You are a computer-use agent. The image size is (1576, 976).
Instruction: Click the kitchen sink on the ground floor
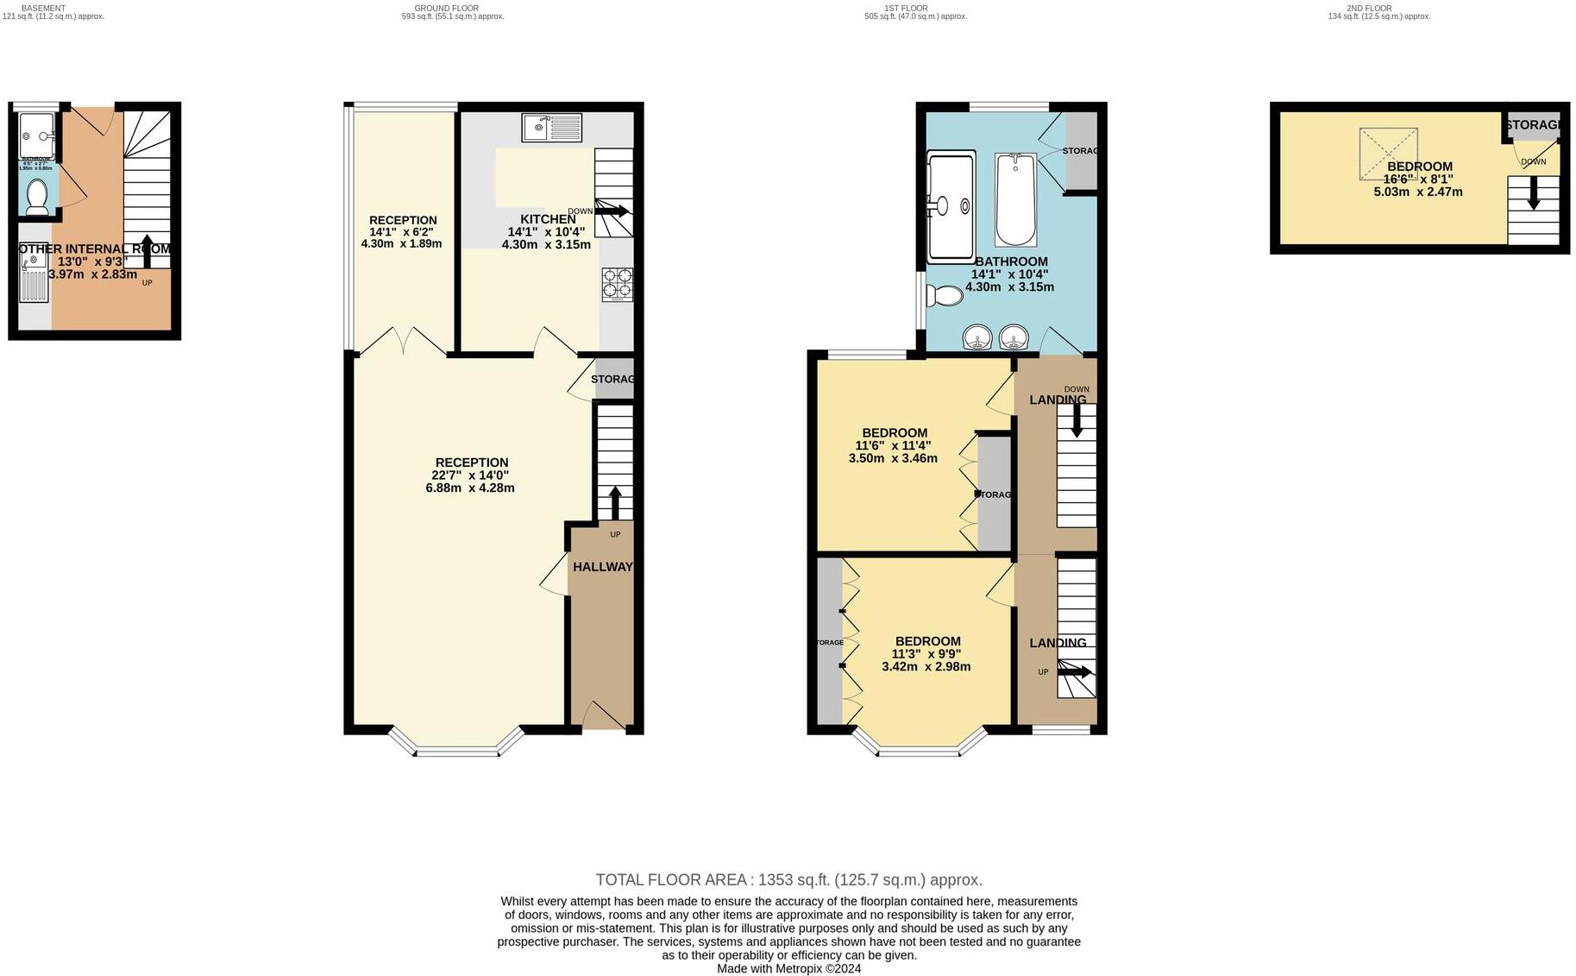click(x=552, y=128)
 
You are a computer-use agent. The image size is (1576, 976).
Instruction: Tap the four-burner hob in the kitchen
click(x=617, y=284)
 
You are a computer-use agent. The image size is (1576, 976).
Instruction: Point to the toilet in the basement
click(x=36, y=198)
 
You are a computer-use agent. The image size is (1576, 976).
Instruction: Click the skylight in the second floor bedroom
click(x=1388, y=154)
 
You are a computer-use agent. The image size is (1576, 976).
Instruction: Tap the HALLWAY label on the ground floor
click(x=602, y=567)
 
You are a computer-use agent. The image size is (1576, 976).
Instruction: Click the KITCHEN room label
click(x=547, y=219)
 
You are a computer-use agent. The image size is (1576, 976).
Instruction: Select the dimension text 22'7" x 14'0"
click(x=470, y=475)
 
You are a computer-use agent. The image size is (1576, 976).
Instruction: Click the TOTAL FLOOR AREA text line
click(x=788, y=880)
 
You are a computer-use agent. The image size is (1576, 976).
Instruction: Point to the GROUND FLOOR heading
click(x=446, y=8)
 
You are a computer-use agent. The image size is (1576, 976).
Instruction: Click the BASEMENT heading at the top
click(x=42, y=8)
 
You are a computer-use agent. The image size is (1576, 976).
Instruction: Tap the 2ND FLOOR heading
click(x=1369, y=8)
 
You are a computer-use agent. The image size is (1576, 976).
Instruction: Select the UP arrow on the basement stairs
click(x=147, y=250)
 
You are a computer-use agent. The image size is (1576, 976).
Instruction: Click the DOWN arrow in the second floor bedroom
click(x=1533, y=193)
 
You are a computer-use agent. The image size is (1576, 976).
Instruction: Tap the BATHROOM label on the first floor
click(x=1011, y=261)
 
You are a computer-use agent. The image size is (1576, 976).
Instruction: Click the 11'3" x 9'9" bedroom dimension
click(x=926, y=654)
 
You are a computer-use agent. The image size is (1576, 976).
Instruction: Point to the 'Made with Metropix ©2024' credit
click(x=788, y=968)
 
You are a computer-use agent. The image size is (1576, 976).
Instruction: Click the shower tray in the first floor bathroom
click(x=950, y=207)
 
